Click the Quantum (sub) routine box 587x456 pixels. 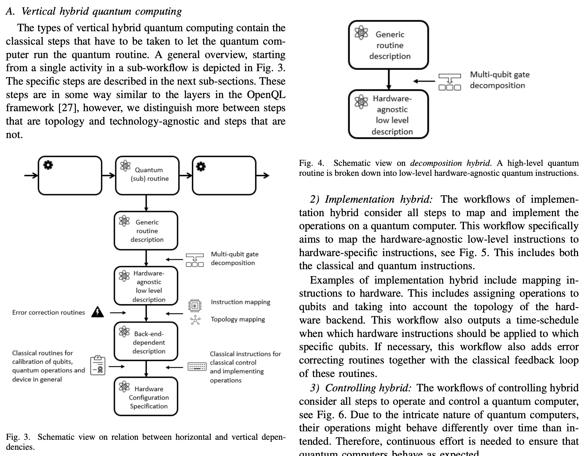tap(147, 175)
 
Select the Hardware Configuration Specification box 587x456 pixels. tap(146, 397)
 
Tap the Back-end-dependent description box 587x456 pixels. tap(146, 342)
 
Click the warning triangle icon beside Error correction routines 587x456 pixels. tap(98, 312)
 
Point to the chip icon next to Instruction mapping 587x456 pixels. tap(195, 305)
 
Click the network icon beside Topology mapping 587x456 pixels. tap(195, 320)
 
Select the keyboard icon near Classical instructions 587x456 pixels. tap(197, 367)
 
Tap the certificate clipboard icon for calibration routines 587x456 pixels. tap(98, 365)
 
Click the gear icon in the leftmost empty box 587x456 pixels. tap(48, 165)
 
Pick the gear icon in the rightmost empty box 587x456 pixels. tap(201, 167)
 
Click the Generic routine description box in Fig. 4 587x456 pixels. tap(388, 45)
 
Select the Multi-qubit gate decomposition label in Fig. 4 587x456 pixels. tap(499, 80)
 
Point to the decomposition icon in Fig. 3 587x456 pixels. tap(195, 260)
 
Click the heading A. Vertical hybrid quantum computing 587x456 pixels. tap(94, 12)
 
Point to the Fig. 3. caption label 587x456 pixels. tap(18, 437)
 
